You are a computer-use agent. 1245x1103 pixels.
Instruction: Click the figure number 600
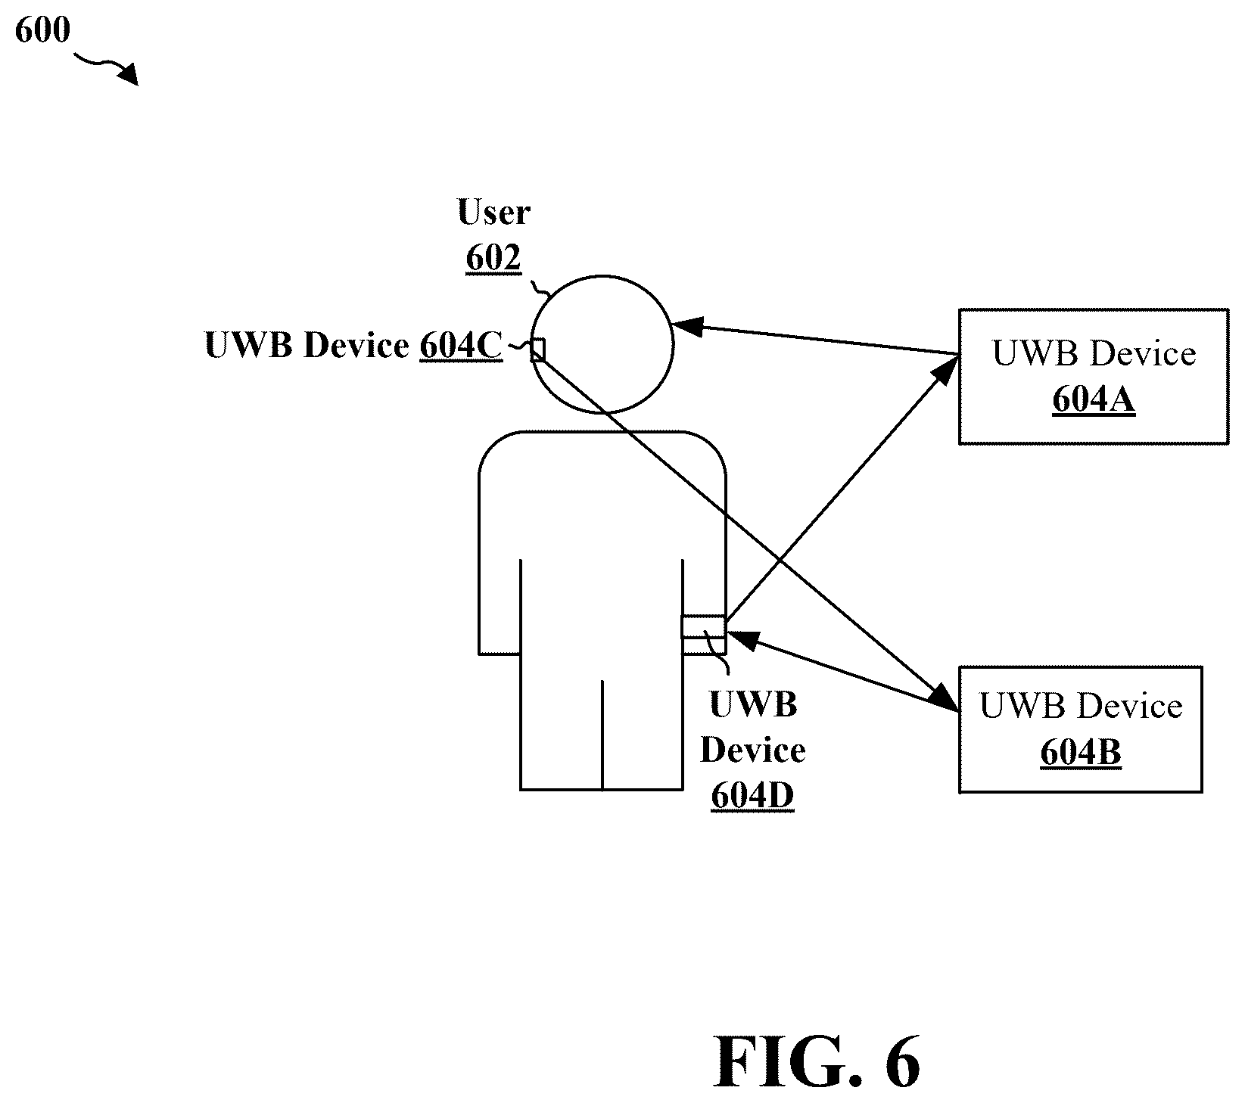click(x=42, y=30)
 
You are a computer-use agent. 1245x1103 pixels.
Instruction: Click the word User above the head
click(x=493, y=213)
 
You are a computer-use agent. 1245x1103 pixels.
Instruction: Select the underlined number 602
click(x=493, y=258)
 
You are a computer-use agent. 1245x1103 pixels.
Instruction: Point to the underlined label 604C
click(x=461, y=346)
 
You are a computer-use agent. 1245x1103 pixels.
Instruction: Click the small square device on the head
click(x=537, y=350)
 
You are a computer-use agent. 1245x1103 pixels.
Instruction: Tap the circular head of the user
click(x=602, y=344)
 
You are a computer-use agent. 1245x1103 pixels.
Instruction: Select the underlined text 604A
click(x=1094, y=400)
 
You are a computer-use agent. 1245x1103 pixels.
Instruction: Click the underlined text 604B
click(x=1081, y=753)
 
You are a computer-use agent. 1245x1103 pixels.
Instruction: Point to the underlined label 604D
click(x=752, y=796)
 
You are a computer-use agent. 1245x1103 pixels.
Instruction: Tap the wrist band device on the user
click(x=704, y=628)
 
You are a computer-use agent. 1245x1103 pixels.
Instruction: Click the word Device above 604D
click(x=752, y=750)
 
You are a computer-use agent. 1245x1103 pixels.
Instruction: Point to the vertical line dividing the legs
click(x=602, y=735)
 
